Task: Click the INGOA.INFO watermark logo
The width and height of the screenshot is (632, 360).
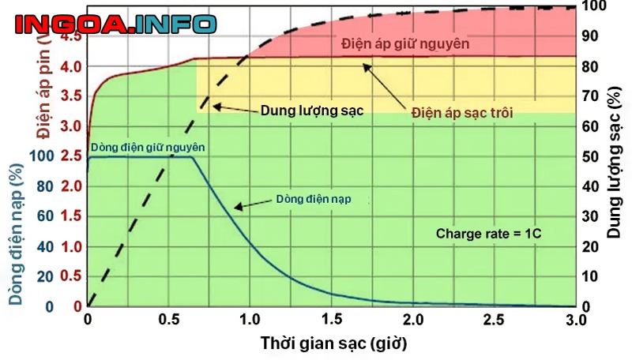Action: pos(114,24)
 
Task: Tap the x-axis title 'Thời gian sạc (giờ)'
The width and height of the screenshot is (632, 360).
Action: pos(334,343)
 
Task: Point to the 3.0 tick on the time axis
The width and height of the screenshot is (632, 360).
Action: pos(576,320)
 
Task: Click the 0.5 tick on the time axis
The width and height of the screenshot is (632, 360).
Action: pos(168,320)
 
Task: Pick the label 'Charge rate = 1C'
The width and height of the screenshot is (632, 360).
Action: pos(487,234)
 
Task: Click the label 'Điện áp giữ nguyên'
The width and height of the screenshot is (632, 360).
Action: pos(406,43)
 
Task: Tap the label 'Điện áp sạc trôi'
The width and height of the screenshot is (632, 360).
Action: pos(462,113)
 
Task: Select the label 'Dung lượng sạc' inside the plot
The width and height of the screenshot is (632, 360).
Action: pos(312,111)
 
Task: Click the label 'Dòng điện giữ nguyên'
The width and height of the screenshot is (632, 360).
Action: pos(149,147)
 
